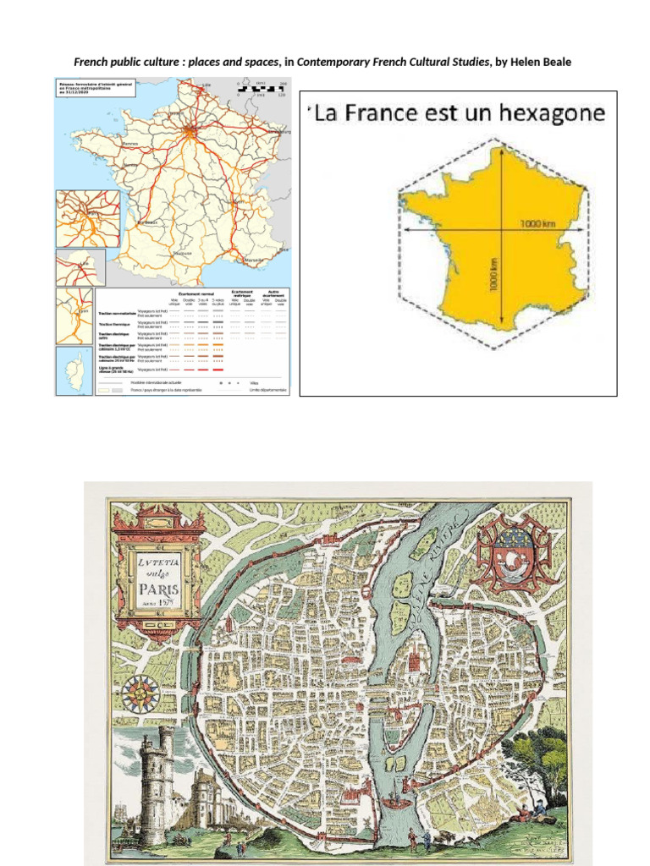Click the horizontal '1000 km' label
(x=534, y=223)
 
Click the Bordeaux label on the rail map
(x=148, y=222)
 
